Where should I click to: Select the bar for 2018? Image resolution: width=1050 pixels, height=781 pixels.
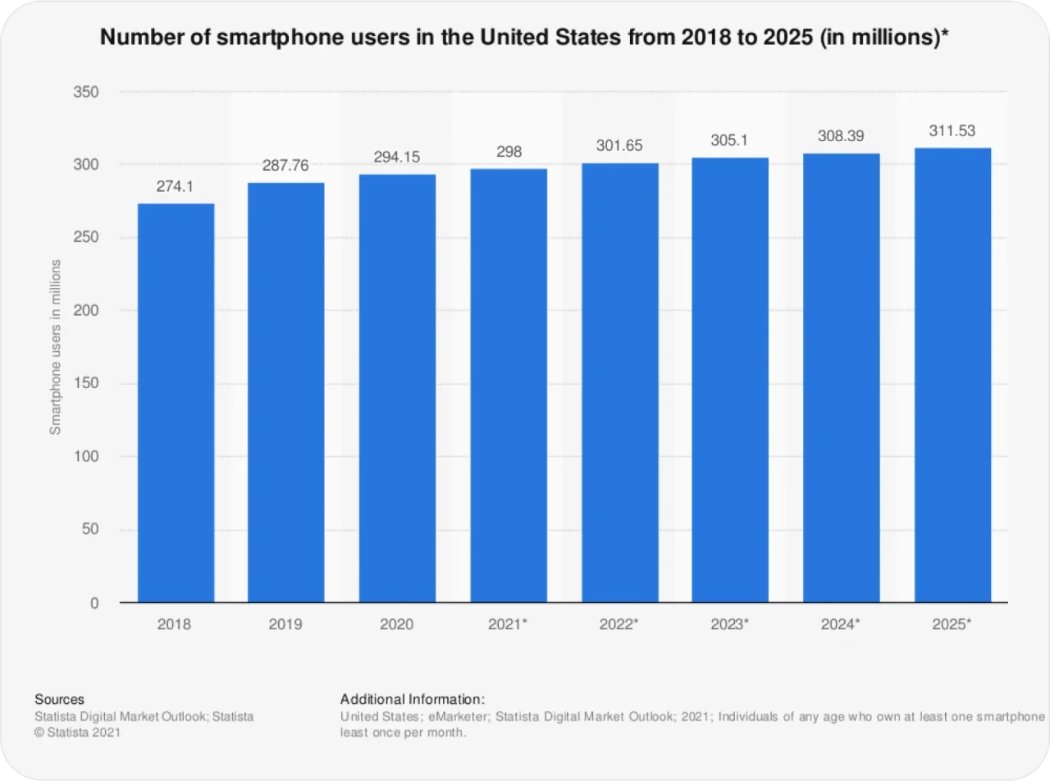(x=176, y=403)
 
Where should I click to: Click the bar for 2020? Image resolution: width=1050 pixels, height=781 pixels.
(x=397, y=388)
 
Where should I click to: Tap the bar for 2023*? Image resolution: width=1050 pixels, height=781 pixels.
(x=730, y=380)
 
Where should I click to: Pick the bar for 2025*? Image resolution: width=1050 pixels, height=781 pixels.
(x=952, y=375)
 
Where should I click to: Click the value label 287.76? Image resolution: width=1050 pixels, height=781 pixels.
(x=285, y=166)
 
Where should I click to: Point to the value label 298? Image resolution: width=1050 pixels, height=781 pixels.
(x=509, y=152)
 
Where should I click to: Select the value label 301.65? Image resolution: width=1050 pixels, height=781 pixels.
(x=619, y=146)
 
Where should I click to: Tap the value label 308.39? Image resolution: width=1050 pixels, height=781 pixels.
(x=841, y=136)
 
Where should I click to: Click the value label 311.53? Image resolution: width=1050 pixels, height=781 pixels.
(x=952, y=130)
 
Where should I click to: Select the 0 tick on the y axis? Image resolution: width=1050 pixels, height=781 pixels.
(x=94, y=603)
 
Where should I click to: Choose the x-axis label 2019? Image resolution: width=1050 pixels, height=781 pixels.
(x=285, y=624)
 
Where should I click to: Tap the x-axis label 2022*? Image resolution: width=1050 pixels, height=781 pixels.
(x=619, y=624)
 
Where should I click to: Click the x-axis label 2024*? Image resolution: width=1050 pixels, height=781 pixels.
(x=841, y=624)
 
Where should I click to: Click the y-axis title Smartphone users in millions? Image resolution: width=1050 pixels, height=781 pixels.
(x=56, y=347)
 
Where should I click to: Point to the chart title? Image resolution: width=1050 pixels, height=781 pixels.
(x=525, y=38)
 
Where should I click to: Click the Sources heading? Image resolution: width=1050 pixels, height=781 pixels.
(x=59, y=700)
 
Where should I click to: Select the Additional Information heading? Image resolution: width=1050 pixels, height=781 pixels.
(x=413, y=700)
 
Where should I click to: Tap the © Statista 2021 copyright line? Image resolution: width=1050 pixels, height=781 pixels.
(x=77, y=733)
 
